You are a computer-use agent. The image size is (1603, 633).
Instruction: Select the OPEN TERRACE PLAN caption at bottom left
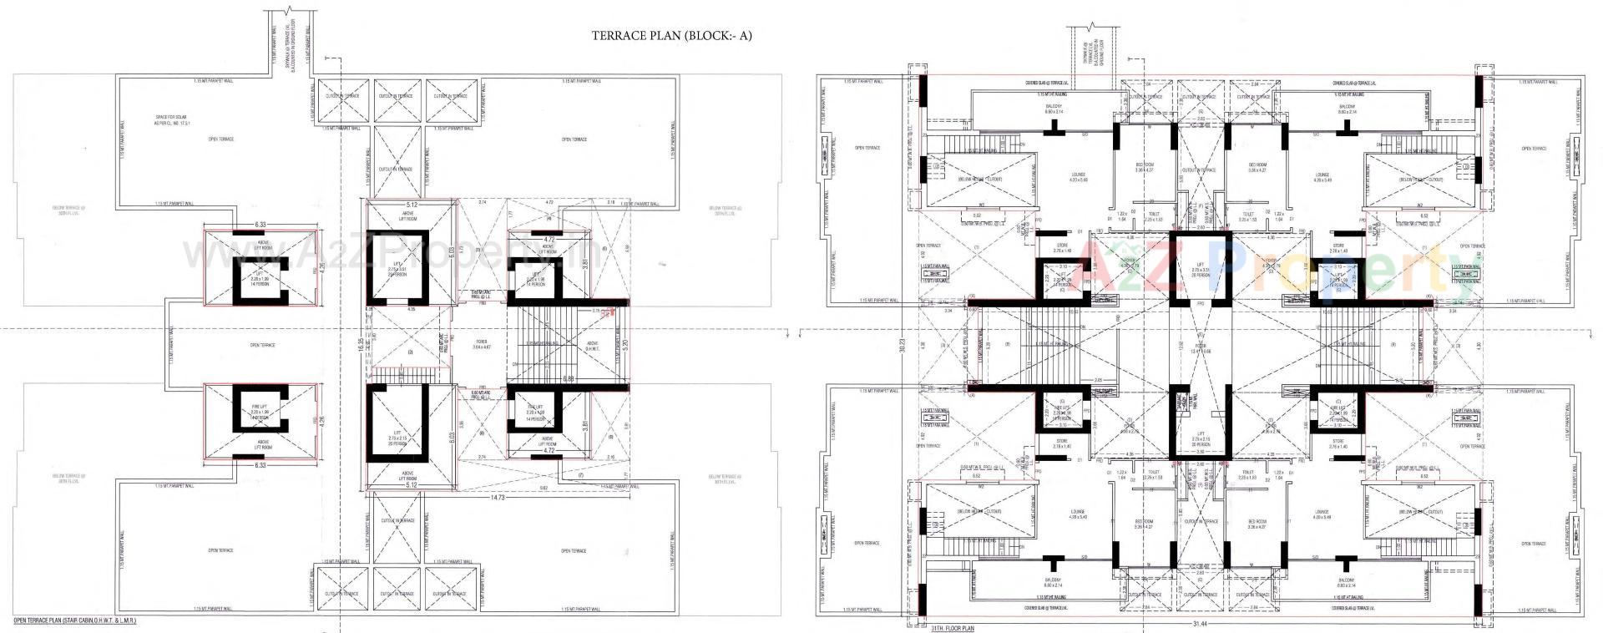tap(74, 621)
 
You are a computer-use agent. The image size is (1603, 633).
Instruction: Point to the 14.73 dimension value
tap(498, 498)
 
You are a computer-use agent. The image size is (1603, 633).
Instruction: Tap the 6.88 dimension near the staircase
tap(568, 379)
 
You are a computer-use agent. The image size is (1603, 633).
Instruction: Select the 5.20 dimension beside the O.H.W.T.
tap(624, 342)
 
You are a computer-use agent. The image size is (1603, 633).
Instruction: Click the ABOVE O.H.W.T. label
tap(592, 345)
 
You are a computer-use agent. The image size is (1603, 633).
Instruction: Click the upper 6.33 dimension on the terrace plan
tap(260, 225)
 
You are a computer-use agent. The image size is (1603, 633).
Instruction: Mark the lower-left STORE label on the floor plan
tap(1061, 443)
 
